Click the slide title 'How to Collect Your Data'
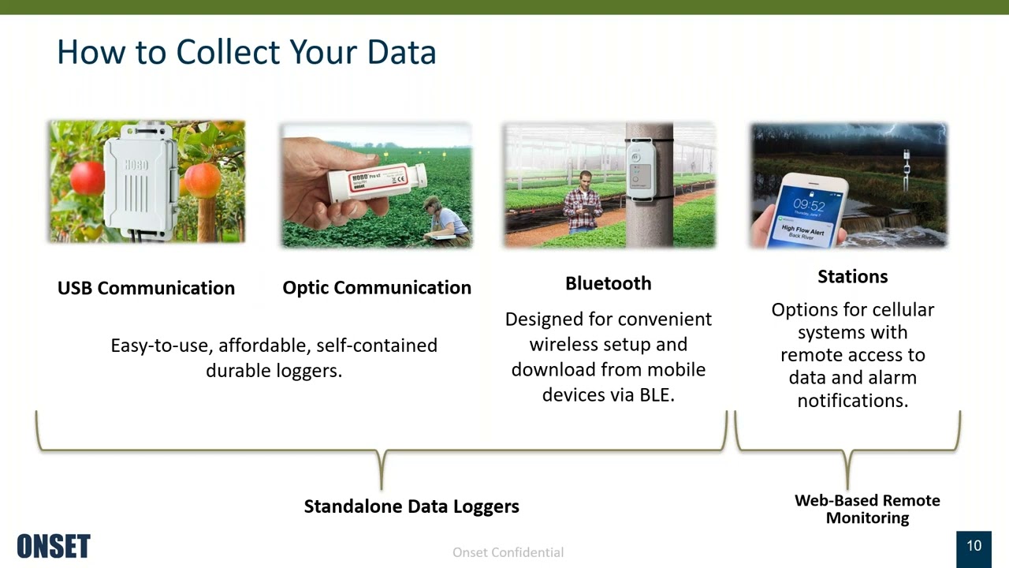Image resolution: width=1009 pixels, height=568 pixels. pos(246,52)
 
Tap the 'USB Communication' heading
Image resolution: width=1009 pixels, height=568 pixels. pos(146,288)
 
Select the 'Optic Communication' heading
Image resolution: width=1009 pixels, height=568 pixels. pos(377,288)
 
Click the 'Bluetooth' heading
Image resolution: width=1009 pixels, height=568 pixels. pos(608,283)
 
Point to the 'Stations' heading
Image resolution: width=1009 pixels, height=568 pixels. pos(852,276)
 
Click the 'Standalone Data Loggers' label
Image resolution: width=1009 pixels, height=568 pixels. pos(411,506)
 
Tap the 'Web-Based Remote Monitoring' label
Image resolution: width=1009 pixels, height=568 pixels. pos(867,509)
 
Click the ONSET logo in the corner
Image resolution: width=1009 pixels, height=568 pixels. pos(54,546)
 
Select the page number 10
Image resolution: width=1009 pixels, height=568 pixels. pos(974,546)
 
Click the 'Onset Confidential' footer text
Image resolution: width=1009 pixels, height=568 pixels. pos(508,552)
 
